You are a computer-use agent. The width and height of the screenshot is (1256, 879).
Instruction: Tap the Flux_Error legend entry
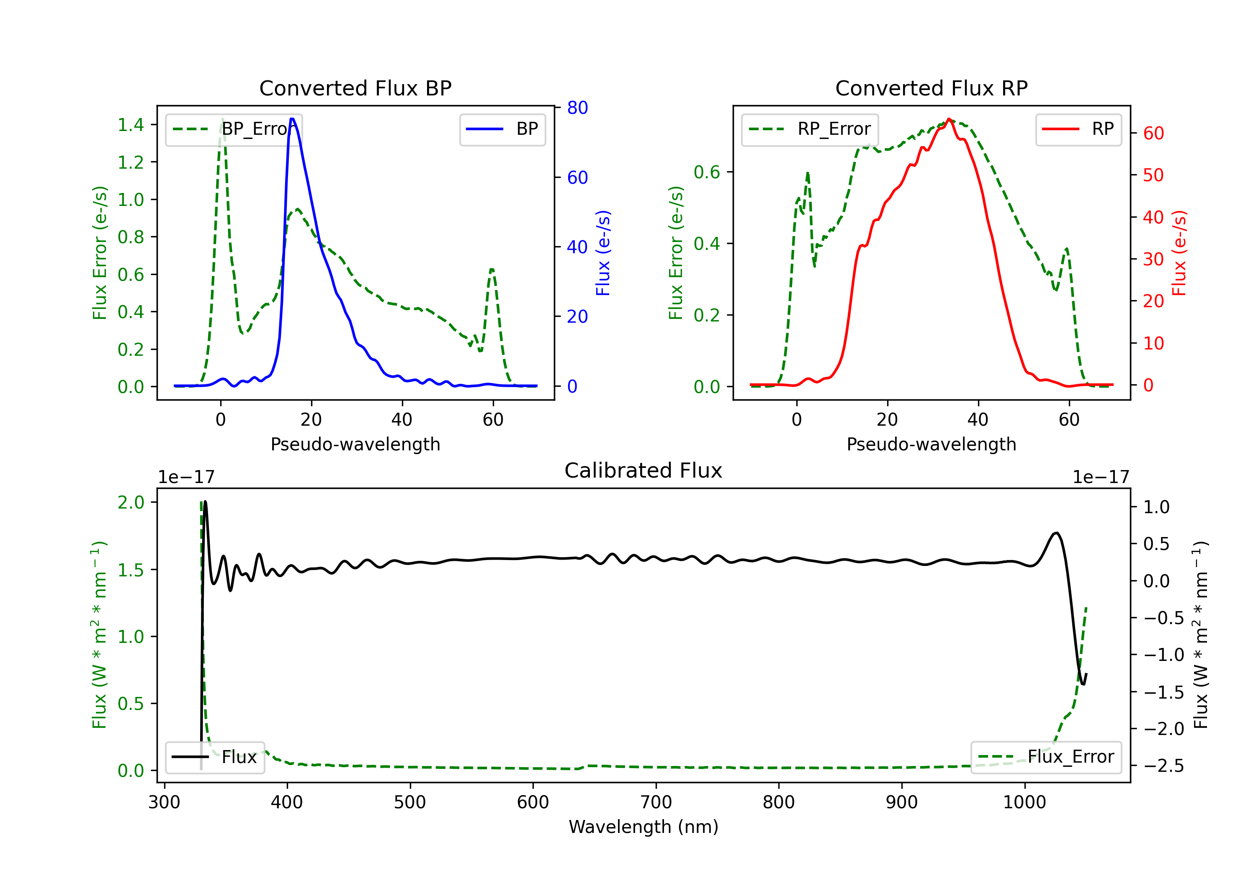1046,757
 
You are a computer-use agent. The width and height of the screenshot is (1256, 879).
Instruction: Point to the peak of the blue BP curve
292,119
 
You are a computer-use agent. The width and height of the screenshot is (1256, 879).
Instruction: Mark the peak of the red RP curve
949,119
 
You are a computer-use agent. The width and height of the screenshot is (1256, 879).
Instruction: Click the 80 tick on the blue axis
577,108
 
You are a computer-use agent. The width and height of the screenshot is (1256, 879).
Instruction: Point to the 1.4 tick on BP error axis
131,125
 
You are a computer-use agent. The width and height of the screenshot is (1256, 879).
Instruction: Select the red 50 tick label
1153,175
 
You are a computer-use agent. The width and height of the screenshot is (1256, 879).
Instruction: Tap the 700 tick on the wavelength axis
656,802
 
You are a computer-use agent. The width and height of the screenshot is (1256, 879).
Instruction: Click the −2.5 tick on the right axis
1163,766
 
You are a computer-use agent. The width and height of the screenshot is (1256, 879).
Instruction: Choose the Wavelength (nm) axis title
643,827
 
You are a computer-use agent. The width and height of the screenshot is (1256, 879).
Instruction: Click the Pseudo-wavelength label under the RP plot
931,444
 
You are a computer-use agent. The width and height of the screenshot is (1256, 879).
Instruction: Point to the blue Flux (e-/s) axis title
602,253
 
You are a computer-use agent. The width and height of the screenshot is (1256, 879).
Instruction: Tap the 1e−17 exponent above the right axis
1101,477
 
